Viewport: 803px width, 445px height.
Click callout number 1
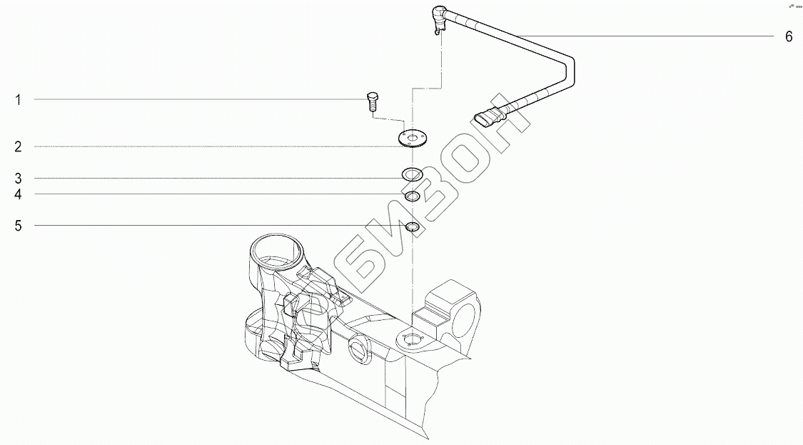(19, 100)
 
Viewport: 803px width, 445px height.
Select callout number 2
(19, 147)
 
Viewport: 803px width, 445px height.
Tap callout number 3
(19, 179)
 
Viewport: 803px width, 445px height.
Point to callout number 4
(19, 194)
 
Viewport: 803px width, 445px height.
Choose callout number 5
(19, 226)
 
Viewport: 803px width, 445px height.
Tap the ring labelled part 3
(412, 174)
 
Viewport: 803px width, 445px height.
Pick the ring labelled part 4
(412, 196)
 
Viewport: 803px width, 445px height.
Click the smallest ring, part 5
(412, 227)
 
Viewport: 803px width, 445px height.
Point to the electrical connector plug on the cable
(486, 118)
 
